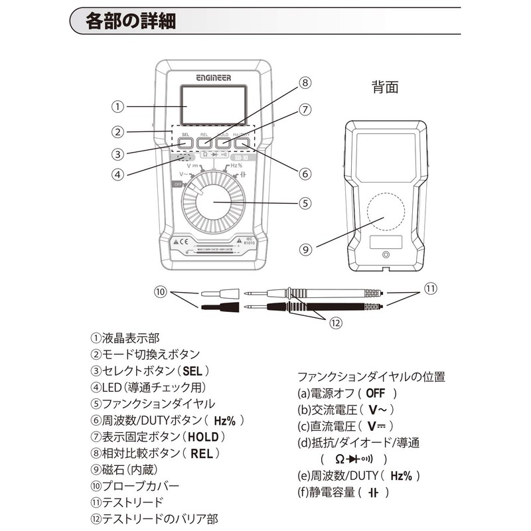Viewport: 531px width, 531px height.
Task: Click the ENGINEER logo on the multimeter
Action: [x=213, y=77]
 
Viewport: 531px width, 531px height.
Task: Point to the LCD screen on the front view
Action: [x=212, y=106]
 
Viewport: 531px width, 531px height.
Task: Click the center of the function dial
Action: [x=213, y=203]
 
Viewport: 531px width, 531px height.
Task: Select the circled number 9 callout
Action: [x=305, y=250]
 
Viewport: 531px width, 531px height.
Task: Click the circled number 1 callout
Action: [x=117, y=106]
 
